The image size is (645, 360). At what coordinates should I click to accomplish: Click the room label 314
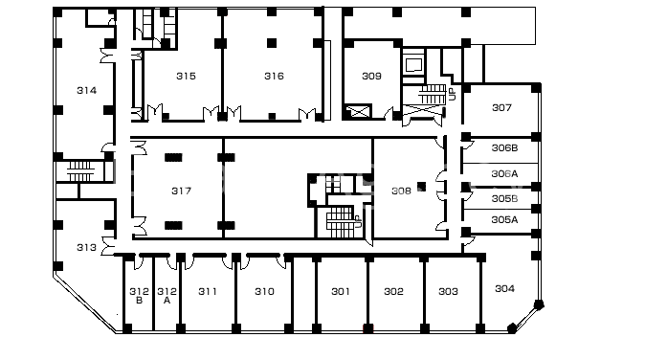click(87, 91)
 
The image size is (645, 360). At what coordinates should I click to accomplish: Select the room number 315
click(186, 76)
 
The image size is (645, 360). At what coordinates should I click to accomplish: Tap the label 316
click(274, 76)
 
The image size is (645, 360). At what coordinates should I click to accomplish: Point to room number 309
click(371, 76)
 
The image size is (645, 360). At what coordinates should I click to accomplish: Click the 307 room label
click(501, 108)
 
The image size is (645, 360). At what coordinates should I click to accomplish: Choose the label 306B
click(504, 148)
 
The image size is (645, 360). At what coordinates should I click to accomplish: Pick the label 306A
click(504, 174)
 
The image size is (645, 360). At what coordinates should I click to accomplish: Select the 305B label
click(504, 199)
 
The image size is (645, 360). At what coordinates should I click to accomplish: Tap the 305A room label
click(504, 220)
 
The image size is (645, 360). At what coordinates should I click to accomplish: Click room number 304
click(504, 289)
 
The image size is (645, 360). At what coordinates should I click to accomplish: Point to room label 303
click(449, 292)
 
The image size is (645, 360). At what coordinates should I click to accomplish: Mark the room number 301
click(341, 292)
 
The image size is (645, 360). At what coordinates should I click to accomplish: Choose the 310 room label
click(264, 292)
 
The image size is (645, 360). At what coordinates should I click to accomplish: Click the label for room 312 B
click(139, 296)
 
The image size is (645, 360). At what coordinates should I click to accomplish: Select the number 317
click(182, 191)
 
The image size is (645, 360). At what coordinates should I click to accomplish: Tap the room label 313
click(87, 248)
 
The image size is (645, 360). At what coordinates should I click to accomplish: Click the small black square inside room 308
click(421, 187)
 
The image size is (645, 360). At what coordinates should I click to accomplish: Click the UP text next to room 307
click(453, 95)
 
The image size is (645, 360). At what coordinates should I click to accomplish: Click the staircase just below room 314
click(80, 171)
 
